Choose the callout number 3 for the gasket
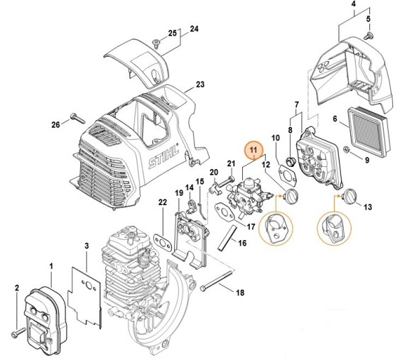(x=85, y=246)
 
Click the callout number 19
(x=179, y=194)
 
